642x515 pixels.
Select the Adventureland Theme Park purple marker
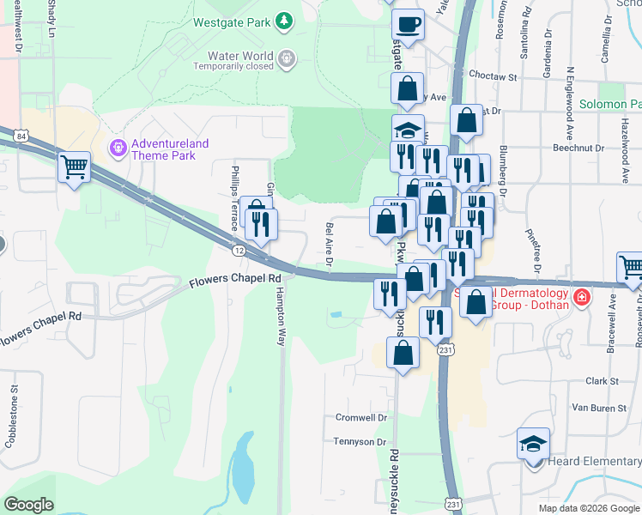pyautogui.click(x=117, y=148)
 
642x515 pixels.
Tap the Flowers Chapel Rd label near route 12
pyautogui.click(x=235, y=280)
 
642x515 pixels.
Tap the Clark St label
pyautogui.click(x=602, y=380)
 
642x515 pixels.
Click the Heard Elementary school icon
pyautogui.click(x=533, y=444)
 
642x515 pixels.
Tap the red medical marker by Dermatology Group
pyautogui.click(x=582, y=298)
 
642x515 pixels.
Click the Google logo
pyautogui.click(x=28, y=505)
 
